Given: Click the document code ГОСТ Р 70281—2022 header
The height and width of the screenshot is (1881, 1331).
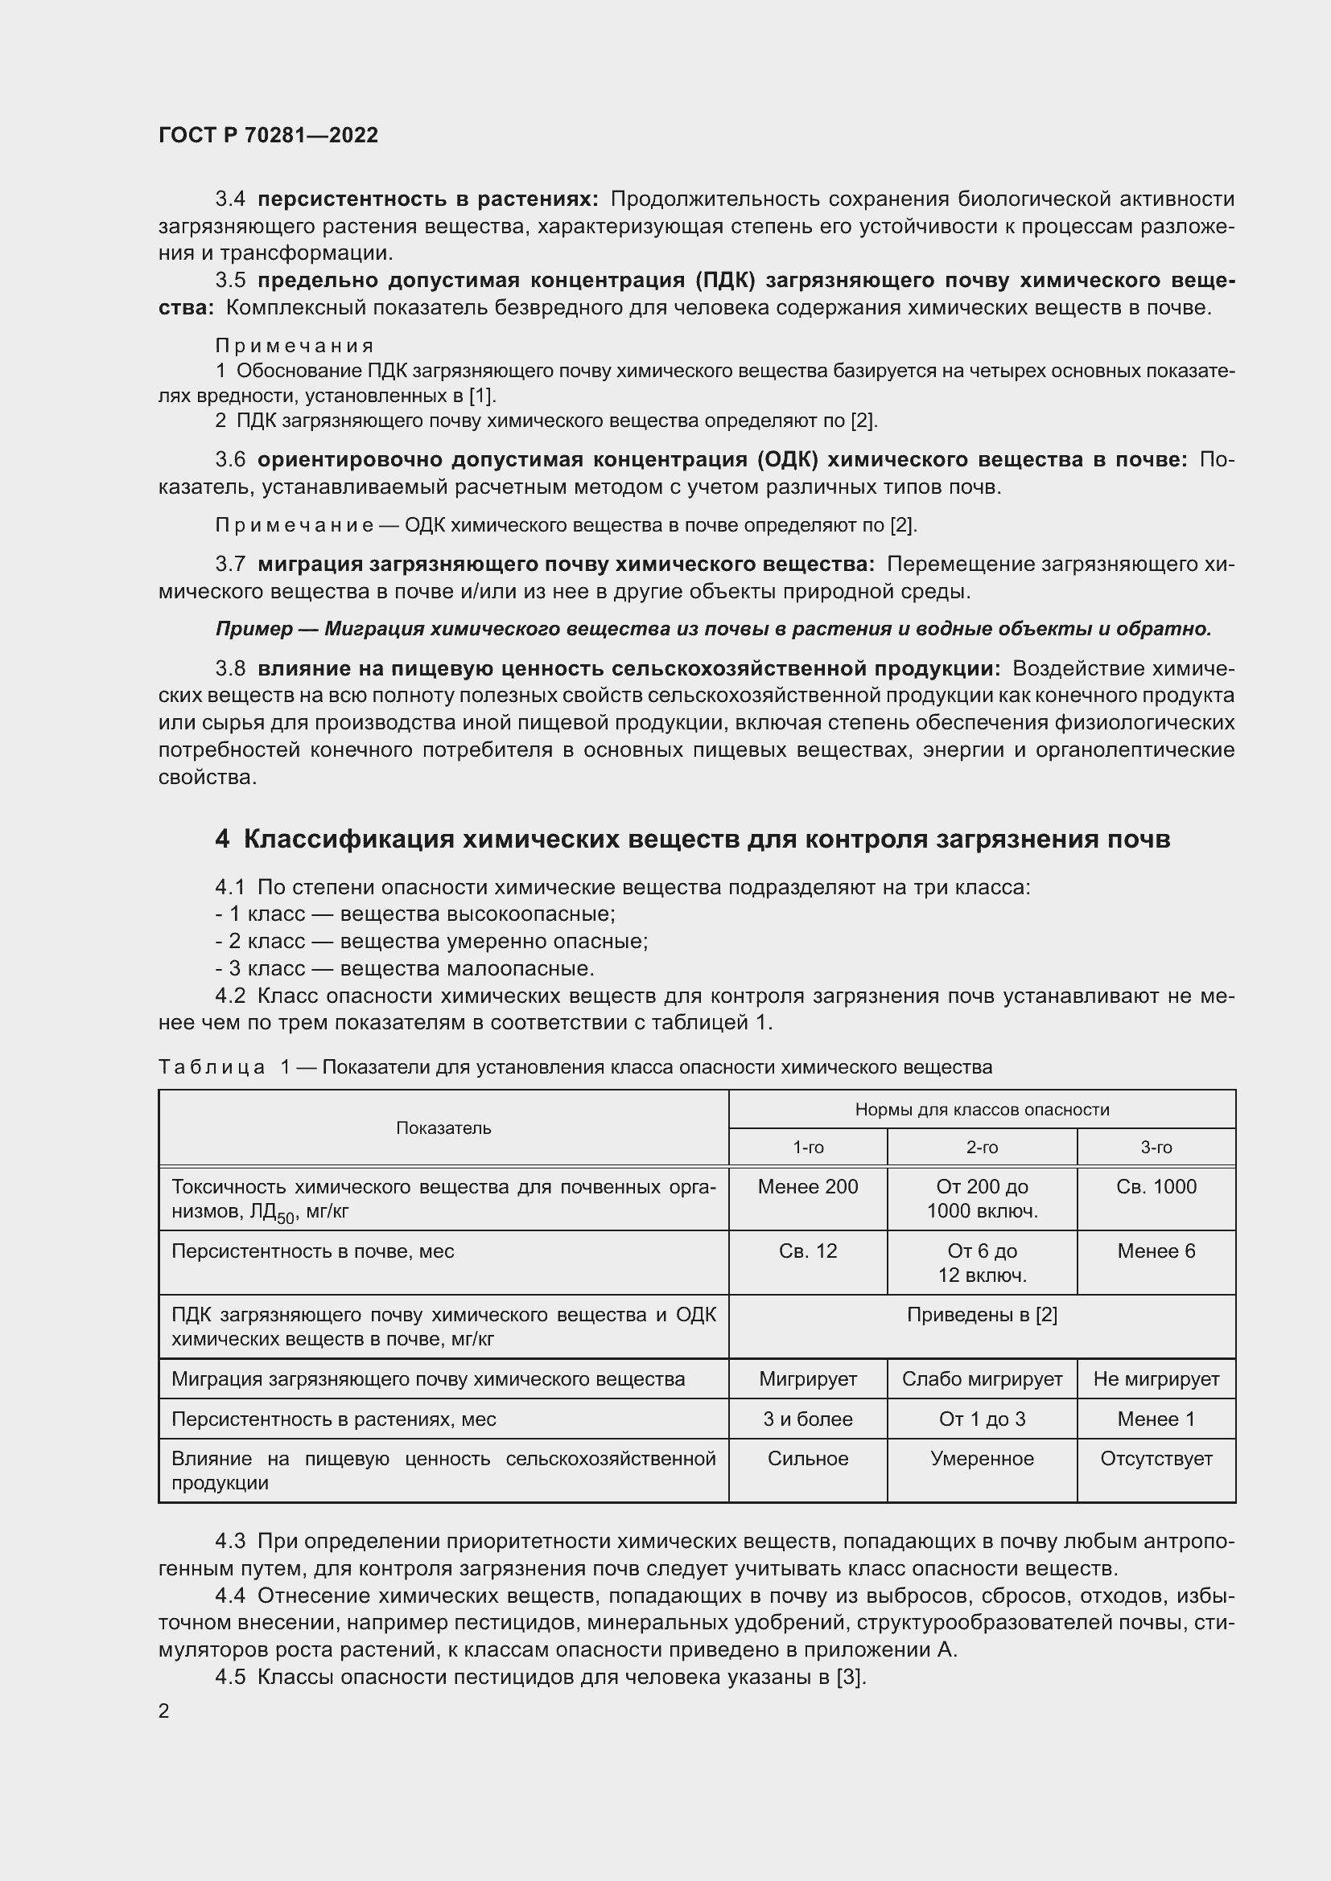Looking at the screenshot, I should coord(268,135).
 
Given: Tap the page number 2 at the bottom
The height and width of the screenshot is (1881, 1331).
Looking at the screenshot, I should coord(164,1711).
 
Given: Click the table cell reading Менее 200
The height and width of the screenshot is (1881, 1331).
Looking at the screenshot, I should coord(807,1186).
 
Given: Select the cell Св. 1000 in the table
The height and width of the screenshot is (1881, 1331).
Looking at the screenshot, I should coord(1156,1186).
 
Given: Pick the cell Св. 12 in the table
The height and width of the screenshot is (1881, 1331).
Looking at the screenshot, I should coord(807,1251).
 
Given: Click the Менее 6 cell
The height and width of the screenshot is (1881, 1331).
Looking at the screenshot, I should coord(1156,1251).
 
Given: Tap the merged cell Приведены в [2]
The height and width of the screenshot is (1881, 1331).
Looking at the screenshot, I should coord(981,1315).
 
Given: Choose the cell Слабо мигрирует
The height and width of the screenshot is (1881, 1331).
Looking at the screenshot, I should coord(981,1379).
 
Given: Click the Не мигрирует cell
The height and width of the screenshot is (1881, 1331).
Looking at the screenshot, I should coord(1156,1379).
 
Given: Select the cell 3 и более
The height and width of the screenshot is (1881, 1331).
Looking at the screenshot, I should coord(807,1419).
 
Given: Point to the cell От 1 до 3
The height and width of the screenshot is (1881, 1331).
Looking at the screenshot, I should coord(981,1419).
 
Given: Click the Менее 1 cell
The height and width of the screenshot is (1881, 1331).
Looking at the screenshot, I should coord(1156,1419).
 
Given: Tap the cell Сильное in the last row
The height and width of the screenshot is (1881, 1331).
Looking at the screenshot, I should coord(807,1458).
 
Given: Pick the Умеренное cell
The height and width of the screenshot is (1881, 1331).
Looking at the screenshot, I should coord(981,1458).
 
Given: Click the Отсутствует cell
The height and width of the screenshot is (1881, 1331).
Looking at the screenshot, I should coord(1156,1458).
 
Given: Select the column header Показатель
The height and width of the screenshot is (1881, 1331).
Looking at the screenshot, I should coord(443,1128).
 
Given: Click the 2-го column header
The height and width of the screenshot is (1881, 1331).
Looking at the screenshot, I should coord(981,1148).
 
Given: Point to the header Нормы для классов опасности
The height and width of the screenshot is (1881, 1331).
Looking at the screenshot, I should coord(981,1109).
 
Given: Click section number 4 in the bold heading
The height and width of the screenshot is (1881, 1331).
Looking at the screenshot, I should coord(222,840).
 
